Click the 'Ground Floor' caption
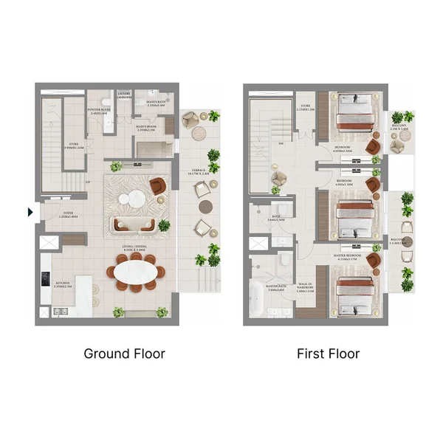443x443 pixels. pos(124,354)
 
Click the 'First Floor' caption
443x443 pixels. pos(328,354)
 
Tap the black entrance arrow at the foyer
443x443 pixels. pos(30,213)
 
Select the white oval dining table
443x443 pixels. pos(135,272)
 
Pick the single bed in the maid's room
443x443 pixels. pos(154,148)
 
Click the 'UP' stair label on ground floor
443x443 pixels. pos(88,182)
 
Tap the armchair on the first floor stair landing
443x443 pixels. pos(280,178)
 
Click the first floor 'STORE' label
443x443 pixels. pos(306,108)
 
